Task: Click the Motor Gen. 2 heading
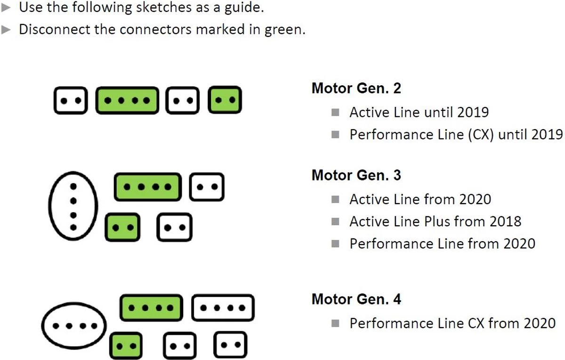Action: (356, 88)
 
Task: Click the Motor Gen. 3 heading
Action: (356, 175)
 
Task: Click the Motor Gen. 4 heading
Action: (356, 299)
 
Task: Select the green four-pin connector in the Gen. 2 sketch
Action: (127, 100)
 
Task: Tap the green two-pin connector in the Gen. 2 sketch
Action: (225, 100)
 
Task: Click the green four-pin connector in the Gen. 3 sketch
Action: (147, 187)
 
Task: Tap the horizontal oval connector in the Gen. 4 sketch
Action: (73, 326)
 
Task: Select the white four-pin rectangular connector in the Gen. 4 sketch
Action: (223, 308)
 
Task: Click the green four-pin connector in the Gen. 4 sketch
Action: (151, 308)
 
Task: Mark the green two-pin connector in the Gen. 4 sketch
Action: (126, 345)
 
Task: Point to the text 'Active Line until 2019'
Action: (419, 113)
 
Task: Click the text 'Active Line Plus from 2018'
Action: (435, 221)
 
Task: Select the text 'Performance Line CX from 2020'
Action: (452, 324)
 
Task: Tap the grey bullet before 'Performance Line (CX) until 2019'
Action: (335, 135)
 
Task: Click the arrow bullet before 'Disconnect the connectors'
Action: (6, 29)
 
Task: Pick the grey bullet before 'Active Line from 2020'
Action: (335, 199)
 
